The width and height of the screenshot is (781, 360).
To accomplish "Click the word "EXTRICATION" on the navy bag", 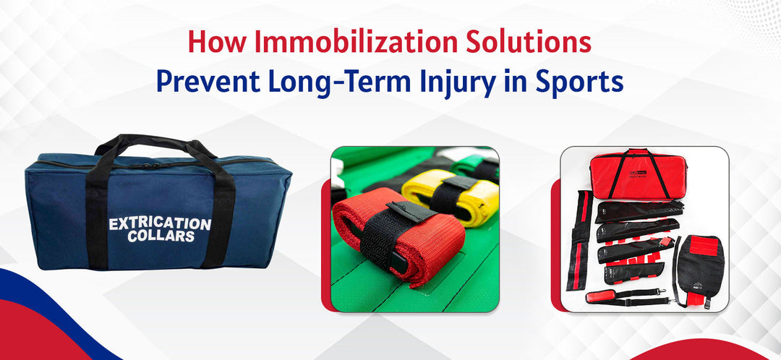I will tap(160, 224).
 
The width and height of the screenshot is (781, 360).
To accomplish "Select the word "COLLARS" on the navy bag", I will tap(160, 238).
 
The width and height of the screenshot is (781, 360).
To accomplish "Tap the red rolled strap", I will tap(398, 231).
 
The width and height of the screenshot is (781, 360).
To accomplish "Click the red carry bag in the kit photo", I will tap(636, 173).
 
